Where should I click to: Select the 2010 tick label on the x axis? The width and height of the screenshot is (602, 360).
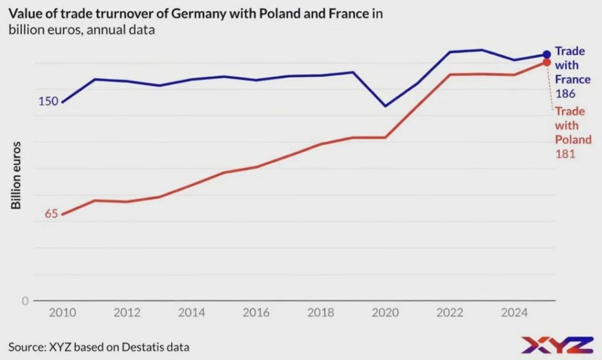(62, 312)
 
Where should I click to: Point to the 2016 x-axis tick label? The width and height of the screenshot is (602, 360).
(256, 312)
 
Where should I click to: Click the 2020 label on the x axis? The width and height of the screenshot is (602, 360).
(384, 312)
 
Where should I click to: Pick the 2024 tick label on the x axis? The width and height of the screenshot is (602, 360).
(514, 312)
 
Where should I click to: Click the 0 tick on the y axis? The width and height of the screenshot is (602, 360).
(25, 301)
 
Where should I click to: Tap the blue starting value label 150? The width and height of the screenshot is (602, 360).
(48, 101)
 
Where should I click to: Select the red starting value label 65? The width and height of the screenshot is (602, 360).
(51, 214)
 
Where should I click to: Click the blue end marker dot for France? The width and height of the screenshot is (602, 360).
(547, 55)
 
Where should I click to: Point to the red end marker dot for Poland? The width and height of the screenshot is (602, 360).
(546, 62)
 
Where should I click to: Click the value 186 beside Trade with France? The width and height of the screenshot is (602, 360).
(565, 94)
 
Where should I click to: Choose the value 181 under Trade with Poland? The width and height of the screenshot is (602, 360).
(565, 154)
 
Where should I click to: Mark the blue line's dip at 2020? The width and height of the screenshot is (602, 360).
(385, 106)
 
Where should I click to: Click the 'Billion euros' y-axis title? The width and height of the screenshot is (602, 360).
(16, 175)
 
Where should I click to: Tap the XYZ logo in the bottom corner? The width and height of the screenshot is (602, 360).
(556, 345)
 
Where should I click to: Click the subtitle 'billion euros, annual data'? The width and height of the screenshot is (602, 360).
(82, 30)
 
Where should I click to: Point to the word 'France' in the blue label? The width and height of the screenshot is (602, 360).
(573, 79)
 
